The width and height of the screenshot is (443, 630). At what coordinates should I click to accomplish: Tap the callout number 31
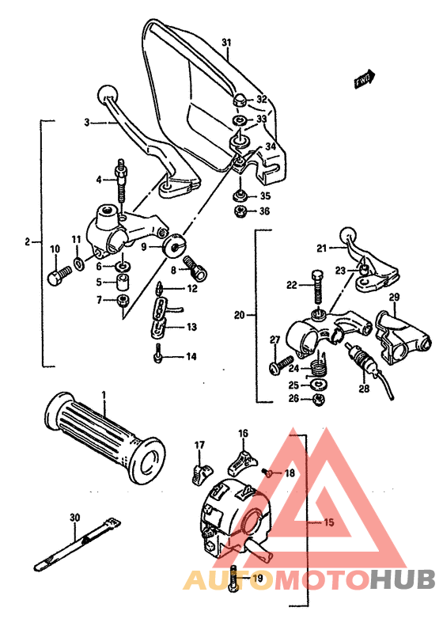226,42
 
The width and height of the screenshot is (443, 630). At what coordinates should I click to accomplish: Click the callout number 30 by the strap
74,518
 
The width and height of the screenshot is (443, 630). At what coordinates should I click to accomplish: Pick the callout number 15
329,522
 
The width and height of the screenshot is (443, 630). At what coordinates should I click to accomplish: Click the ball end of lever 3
105,93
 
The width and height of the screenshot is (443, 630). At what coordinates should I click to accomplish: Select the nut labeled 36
238,211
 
